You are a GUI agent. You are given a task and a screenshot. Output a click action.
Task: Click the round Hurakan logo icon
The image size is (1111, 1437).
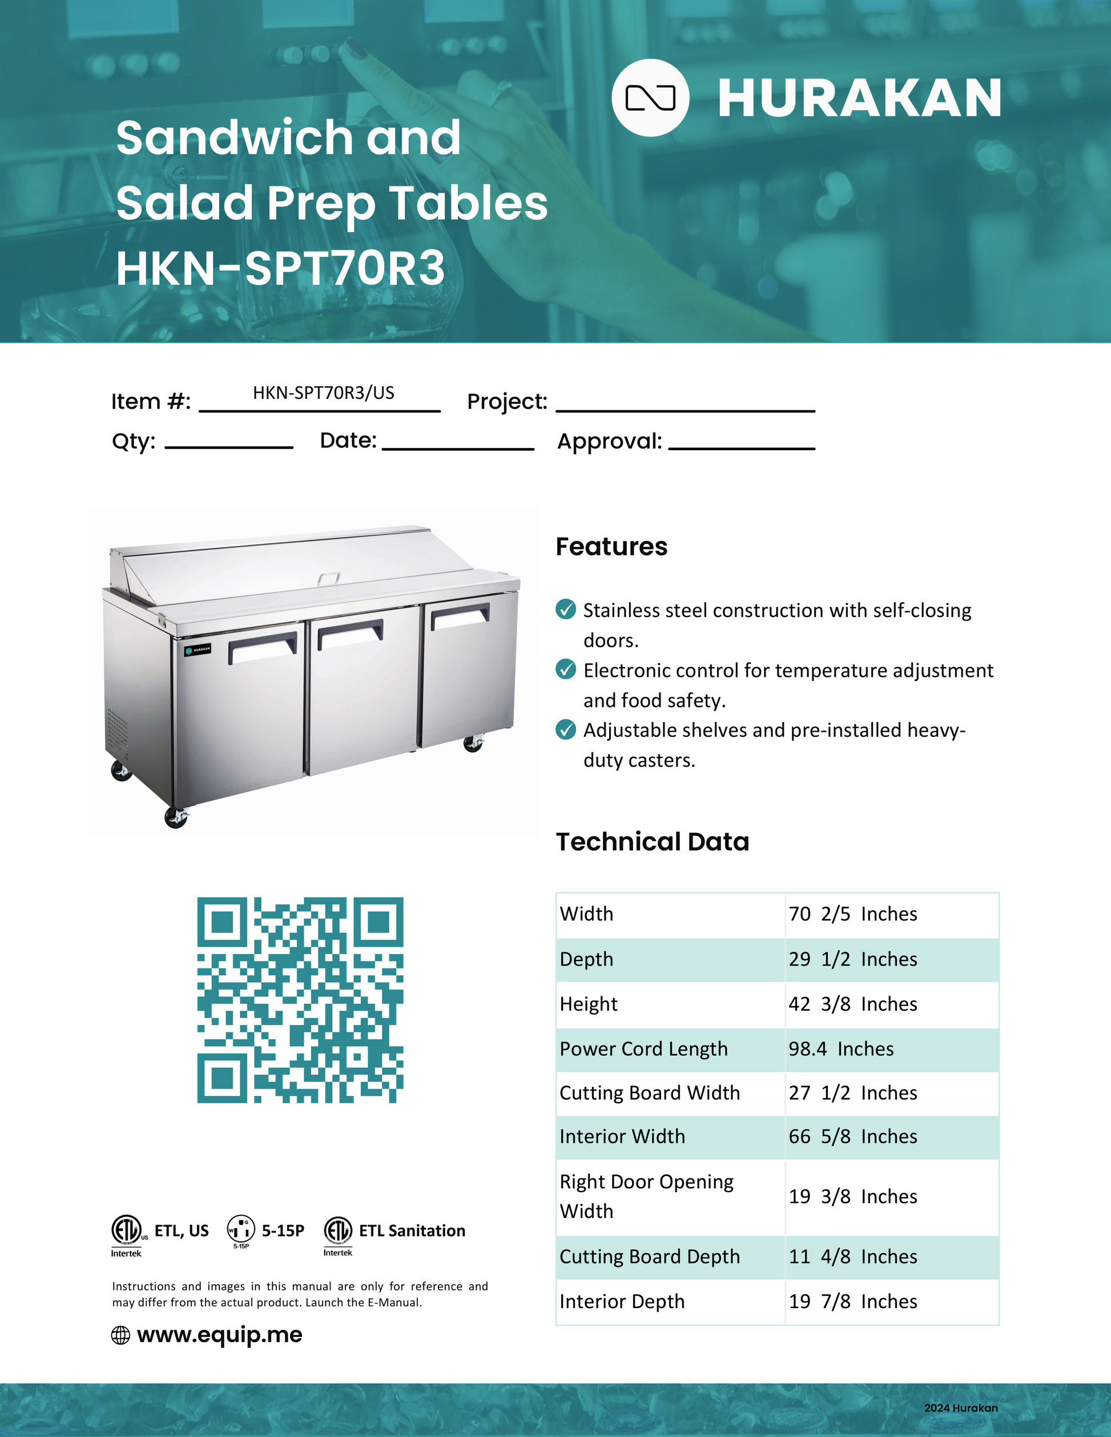650,98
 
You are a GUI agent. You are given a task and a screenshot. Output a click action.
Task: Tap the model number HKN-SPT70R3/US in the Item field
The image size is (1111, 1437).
323,393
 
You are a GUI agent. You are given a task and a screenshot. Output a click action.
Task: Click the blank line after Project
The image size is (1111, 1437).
685,403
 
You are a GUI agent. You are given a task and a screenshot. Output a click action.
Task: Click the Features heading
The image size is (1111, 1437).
611,547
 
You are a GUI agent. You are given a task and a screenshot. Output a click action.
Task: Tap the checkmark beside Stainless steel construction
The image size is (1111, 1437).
565,609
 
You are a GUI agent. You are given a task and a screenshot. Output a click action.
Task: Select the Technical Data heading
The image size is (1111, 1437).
652,842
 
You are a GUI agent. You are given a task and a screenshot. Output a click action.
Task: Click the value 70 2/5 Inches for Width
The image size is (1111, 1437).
852,914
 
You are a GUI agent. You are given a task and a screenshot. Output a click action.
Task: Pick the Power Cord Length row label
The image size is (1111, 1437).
643,1049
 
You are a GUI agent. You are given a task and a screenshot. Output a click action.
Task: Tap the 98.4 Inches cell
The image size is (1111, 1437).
840,1049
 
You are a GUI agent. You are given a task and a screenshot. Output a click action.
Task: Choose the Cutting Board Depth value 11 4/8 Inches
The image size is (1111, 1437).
852,1257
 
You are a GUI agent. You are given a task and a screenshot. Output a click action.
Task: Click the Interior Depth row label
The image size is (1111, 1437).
621,1301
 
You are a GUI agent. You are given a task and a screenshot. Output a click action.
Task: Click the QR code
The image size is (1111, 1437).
300,999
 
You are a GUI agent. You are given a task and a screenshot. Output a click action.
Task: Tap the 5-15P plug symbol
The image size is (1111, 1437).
241,1229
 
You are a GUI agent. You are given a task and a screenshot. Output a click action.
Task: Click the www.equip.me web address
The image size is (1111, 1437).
219,1335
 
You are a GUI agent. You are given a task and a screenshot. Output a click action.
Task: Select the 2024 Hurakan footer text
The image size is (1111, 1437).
960,1408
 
